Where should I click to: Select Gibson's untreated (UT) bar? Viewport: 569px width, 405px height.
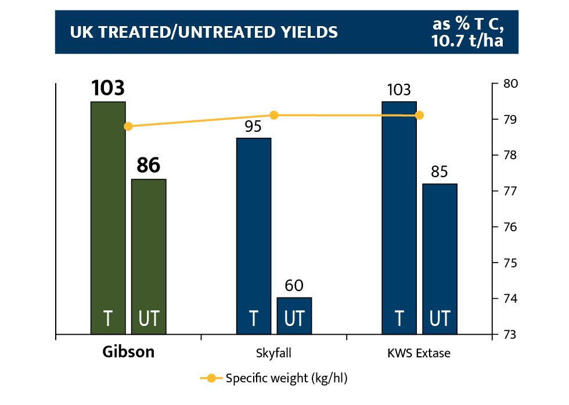click(149, 256)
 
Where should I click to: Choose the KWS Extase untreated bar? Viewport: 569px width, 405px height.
click(440, 259)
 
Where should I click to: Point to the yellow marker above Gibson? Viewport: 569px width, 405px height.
click(128, 126)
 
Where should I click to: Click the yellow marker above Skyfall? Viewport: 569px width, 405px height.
click(274, 115)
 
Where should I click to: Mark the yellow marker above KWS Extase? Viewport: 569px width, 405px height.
click(419, 115)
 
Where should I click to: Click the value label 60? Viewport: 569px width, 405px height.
click(294, 286)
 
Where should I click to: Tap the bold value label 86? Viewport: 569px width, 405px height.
click(149, 166)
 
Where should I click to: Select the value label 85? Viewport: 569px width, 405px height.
click(440, 173)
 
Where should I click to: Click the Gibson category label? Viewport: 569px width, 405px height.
click(128, 352)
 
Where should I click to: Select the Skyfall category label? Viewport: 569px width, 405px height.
click(273, 353)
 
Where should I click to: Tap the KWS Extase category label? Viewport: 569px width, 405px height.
click(419, 353)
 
